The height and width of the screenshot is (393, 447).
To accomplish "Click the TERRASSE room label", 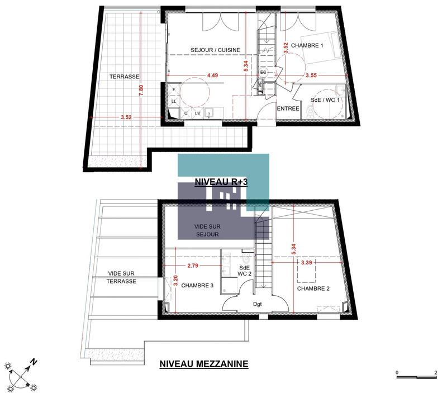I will [124, 77].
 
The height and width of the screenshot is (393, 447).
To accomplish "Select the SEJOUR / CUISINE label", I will [215, 50].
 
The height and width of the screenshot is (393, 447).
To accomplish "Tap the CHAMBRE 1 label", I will [310, 46].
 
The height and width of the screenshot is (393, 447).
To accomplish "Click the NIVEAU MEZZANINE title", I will [204, 364].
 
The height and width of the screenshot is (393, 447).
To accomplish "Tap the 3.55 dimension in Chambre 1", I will [311, 74].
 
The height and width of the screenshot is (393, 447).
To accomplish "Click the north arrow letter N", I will [34, 362].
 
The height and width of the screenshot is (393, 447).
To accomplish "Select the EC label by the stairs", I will [263, 73].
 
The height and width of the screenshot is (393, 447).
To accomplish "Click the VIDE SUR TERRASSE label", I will [122, 277].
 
